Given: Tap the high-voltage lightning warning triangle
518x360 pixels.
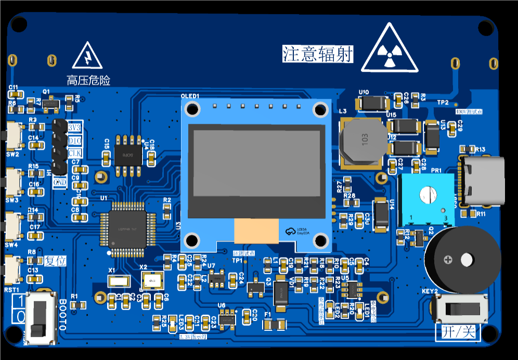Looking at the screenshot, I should [x=87, y=57].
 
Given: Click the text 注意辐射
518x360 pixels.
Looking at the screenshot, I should [x=318, y=54].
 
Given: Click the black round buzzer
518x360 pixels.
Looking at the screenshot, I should [x=461, y=258].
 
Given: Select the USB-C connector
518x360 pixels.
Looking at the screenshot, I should [x=483, y=181].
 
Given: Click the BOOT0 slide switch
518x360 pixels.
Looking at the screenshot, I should [x=40, y=317].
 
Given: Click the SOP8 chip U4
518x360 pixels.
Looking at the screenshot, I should [x=128, y=150].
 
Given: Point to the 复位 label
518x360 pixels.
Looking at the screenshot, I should [x=56, y=261].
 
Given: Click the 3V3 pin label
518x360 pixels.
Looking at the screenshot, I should [x=74, y=128].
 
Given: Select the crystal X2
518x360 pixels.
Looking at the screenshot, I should [x=152, y=281].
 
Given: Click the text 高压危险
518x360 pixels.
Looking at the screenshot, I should [x=88, y=81].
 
